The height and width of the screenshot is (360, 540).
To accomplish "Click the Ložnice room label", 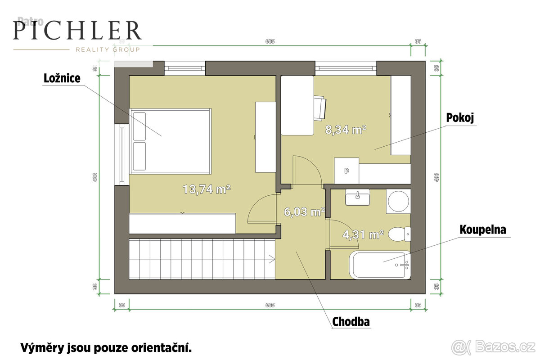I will point(62,78).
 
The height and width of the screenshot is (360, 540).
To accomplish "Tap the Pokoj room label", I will point(460,117).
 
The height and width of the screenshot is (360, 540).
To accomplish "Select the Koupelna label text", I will point(483,229).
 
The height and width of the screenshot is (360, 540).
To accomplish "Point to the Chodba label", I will point(351,322).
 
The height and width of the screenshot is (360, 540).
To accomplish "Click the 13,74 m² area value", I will point(207,189).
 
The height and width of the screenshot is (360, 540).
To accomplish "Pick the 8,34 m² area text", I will point(346,130).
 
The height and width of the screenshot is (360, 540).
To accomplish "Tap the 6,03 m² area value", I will point(304,211).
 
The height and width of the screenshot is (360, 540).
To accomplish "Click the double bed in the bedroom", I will point(171,141).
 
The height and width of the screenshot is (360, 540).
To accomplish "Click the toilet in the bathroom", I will point(399,234).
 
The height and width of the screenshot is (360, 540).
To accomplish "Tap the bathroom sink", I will point(358,197).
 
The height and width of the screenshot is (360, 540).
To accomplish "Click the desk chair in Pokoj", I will point(320,108).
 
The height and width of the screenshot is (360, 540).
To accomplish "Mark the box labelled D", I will point(346,171).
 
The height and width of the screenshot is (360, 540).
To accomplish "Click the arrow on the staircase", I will point(271,258).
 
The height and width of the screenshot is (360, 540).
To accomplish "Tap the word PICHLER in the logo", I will point(77,31).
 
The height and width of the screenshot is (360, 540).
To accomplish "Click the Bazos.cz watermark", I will point(495,347).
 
